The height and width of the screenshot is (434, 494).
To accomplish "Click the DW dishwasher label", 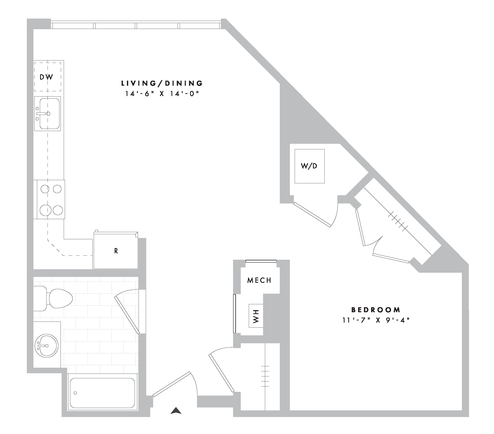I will (46, 77).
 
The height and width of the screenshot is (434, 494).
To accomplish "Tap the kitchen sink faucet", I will (43, 114).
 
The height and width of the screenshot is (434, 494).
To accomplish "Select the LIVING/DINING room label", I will (162, 83).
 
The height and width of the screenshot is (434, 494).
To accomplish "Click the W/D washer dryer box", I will (310, 166).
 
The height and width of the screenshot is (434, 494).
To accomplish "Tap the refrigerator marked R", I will (116, 251).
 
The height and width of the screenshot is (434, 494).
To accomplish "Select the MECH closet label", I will (259, 280).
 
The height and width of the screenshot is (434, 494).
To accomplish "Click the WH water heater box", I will (256, 316).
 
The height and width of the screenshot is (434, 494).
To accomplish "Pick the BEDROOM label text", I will (376, 310).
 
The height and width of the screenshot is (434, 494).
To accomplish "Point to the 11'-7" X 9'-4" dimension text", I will (376, 320).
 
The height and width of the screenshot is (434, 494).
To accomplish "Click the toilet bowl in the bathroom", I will (61, 298).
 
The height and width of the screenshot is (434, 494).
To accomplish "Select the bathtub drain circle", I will (75, 393).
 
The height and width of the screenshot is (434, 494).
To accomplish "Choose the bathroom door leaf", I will (127, 315).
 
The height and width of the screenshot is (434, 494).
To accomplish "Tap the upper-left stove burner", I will (45, 189).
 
